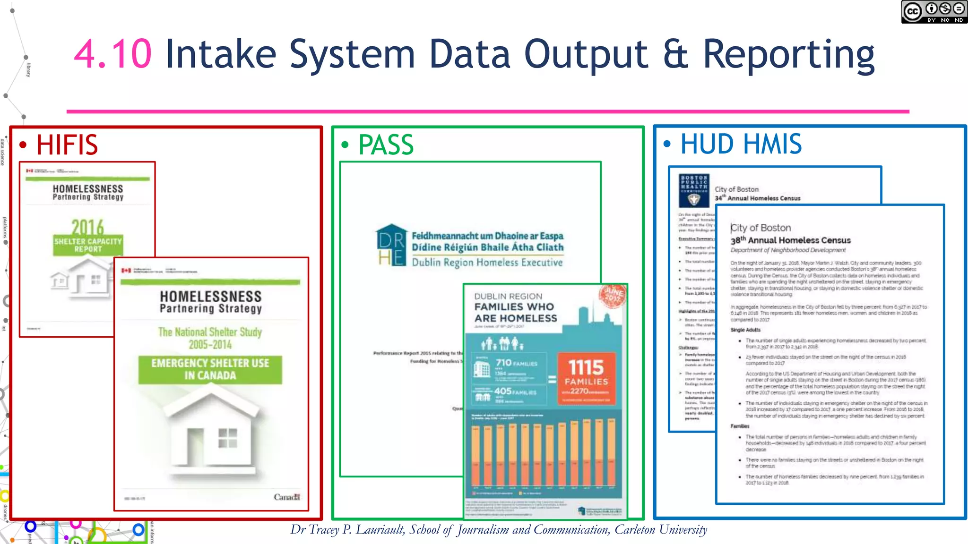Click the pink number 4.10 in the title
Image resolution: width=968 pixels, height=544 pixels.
click(112, 54)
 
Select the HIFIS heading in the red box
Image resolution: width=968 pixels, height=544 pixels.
click(67, 145)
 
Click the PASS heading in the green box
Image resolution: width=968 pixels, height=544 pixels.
click(386, 145)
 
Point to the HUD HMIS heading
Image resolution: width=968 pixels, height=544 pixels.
click(741, 144)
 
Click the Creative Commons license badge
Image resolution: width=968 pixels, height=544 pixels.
click(933, 12)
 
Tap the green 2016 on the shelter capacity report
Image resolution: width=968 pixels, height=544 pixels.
click(88, 227)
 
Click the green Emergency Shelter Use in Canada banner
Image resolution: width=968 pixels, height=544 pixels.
click(210, 369)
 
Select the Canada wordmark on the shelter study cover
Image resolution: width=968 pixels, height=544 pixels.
click(286, 497)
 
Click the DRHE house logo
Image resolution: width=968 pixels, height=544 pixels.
click(391, 245)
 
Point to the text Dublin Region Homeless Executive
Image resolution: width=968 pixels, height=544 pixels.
click(487, 263)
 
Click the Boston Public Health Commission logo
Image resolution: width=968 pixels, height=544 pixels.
click(694, 191)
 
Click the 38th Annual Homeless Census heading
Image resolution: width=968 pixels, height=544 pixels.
click(790, 240)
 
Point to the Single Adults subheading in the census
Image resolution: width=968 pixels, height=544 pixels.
click(745, 330)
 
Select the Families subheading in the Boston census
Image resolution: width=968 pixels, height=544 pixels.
click(740, 426)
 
